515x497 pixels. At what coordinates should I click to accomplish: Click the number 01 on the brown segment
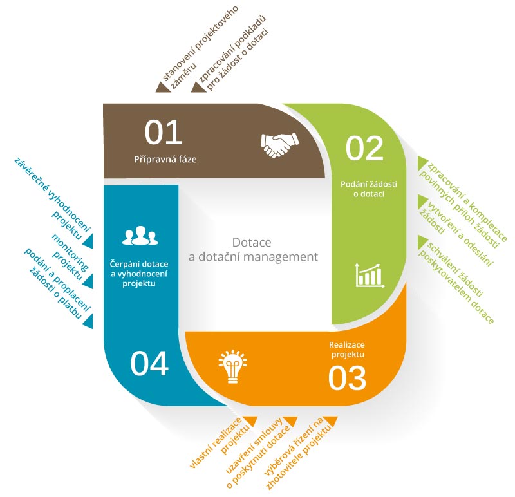click(x=164, y=132)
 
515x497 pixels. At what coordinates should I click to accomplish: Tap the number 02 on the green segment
click(x=364, y=148)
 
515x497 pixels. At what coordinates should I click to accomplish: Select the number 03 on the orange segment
click(x=347, y=378)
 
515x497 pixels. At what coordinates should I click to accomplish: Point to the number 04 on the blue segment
click(x=149, y=363)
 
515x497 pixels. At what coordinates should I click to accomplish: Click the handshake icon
click(x=280, y=145)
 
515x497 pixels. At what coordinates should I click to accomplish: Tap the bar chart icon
click(x=370, y=276)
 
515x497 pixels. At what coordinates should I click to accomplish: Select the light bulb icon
click(x=232, y=366)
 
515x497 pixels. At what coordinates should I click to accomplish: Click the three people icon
click(x=140, y=235)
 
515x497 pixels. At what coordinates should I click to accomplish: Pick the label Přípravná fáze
click(x=165, y=159)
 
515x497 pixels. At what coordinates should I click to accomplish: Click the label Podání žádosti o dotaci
click(x=368, y=189)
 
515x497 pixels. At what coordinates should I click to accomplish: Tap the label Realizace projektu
click(x=347, y=350)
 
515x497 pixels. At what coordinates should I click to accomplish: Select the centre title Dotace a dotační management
click(x=253, y=250)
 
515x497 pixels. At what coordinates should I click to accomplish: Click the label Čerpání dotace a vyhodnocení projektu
click(x=139, y=274)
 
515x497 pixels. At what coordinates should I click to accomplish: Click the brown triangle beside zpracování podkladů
click(x=199, y=87)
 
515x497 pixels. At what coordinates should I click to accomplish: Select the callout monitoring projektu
click(x=70, y=257)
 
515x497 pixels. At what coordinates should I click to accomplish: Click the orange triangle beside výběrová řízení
click(x=330, y=420)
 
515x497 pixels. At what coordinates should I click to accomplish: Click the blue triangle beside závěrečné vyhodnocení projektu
click(x=88, y=241)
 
